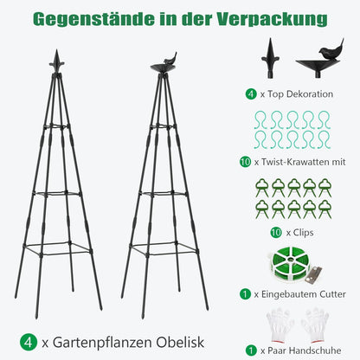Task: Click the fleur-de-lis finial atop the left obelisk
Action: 56,61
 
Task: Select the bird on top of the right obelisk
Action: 170,59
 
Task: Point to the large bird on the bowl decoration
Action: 331,50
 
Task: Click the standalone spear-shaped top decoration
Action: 270,58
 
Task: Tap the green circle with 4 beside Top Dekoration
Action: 251,94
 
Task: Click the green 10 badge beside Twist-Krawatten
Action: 245,162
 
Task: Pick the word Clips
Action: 303,233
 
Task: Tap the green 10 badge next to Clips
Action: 276,233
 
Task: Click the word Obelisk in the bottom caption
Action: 180,343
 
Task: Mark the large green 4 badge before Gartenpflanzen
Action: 29,343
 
